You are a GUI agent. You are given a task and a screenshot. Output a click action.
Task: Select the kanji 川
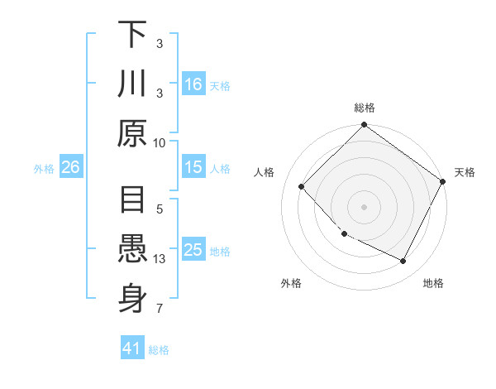(x=132, y=84)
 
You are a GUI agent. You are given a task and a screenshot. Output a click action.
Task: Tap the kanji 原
(x=132, y=132)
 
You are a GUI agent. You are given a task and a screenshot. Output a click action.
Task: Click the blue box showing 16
(x=193, y=84)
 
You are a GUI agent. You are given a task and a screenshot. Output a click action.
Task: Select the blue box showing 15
(x=193, y=167)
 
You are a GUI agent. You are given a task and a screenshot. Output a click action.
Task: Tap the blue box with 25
(x=193, y=250)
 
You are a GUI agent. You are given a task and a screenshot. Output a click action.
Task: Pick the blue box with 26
(x=70, y=167)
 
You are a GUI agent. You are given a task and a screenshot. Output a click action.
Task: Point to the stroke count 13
(x=161, y=259)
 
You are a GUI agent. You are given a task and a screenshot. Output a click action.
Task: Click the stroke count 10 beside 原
(x=160, y=142)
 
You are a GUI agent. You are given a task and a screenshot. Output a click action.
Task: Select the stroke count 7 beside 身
(x=160, y=309)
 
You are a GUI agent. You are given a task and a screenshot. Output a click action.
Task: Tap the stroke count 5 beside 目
(x=160, y=210)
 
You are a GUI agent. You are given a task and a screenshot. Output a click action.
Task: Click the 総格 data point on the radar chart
(x=364, y=126)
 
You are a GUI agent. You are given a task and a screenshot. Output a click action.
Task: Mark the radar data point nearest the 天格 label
(x=442, y=181)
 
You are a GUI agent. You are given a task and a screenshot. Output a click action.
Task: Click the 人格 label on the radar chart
(x=265, y=172)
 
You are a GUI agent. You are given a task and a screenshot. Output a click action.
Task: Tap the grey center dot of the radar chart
(x=364, y=207)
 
